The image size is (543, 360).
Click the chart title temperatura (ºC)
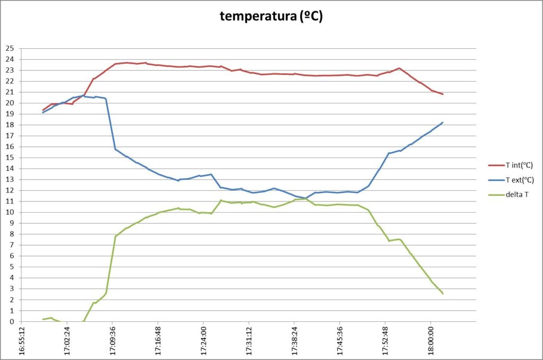[x=271, y=16]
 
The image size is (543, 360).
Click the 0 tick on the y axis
[x=11, y=321]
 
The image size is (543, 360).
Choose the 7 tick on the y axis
[x=11, y=245]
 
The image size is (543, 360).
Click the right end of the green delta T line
[x=442, y=293]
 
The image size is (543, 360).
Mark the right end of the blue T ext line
[x=442, y=122]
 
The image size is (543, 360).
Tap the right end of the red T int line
[x=442, y=94]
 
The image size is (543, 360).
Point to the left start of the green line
[x=43, y=319]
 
